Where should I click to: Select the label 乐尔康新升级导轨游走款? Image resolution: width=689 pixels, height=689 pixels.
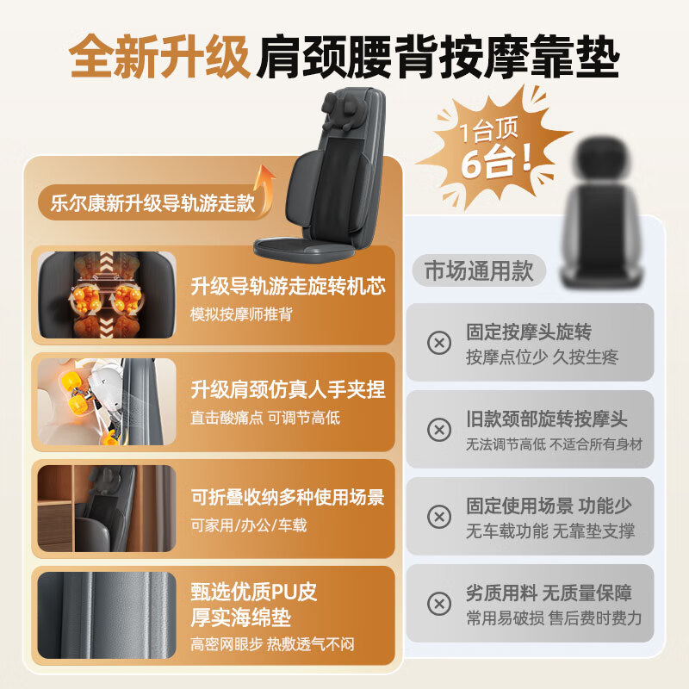147,203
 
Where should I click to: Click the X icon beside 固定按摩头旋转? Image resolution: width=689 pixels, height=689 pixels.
439,343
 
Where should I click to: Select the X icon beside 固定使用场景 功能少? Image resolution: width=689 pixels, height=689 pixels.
439,517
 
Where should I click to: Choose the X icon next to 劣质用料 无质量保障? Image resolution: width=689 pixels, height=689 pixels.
439,603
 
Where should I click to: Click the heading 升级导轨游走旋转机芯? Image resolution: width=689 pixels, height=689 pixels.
288,287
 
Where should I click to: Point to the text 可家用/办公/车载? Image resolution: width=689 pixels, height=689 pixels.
249,525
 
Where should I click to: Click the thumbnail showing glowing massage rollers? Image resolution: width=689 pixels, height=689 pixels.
106,295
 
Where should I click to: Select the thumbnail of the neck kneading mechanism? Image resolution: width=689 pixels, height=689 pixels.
106,401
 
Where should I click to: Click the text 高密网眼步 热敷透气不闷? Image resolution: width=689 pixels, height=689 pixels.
272,644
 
